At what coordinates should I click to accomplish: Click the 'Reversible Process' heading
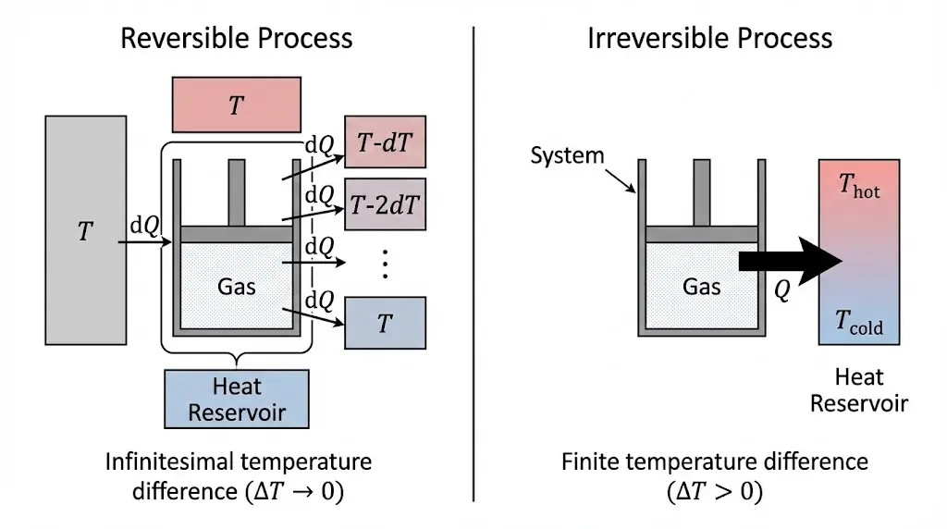point(237,38)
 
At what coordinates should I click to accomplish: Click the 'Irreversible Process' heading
point(709,38)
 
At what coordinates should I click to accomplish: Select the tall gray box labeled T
point(85,230)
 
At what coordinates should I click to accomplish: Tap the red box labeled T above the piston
point(236,105)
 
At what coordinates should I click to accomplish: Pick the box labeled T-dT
point(385,142)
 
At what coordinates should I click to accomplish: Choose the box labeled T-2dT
point(385,203)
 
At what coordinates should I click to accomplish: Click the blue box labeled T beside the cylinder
point(385,323)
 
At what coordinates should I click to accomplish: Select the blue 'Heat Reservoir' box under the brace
point(236,399)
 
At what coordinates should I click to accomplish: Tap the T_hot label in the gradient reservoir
point(859,188)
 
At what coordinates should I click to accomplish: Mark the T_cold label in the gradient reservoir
point(859,323)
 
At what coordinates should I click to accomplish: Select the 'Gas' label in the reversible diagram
point(237,286)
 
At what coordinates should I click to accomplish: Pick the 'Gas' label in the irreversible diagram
point(701,286)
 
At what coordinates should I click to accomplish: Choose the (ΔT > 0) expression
point(714,491)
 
